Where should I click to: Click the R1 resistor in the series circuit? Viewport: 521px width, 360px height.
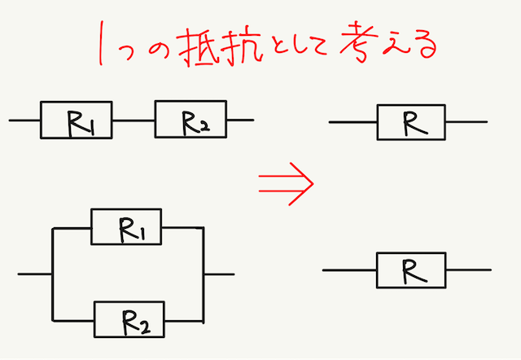pyautogui.click(x=77, y=121)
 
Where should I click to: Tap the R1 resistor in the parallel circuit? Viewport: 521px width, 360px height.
pyautogui.click(x=128, y=226)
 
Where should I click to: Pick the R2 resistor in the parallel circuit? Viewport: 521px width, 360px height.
pyautogui.click(x=129, y=318)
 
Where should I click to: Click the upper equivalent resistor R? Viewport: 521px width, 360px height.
pyautogui.click(x=411, y=122)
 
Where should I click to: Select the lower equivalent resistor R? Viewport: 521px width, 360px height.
pyautogui.click(x=411, y=270)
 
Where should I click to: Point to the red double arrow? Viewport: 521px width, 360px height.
pyautogui.click(x=285, y=182)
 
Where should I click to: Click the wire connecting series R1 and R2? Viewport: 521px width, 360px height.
pyautogui.click(x=134, y=121)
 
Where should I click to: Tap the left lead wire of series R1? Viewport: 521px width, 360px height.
pyautogui.click(x=24, y=121)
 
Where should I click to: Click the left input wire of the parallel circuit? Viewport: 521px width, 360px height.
pyautogui.click(x=34, y=274)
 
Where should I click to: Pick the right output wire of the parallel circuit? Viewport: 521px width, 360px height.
pyautogui.click(x=220, y=274)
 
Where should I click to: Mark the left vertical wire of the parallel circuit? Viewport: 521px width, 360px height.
pyautogui.click(x=52, y=274)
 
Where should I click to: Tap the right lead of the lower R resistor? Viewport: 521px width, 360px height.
pyautogui.click(x=468, y=270)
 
